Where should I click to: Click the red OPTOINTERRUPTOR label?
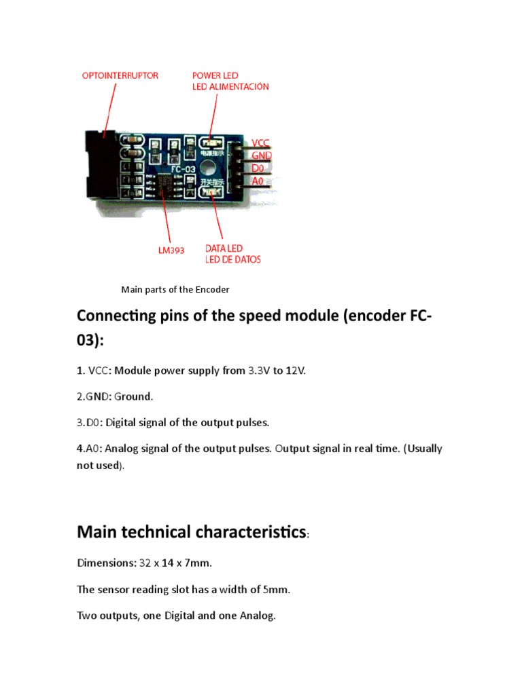(120, 75)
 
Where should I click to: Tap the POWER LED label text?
(215, 75)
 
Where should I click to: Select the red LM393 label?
(171, 250)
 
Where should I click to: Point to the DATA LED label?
(224, 248)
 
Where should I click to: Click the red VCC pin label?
(260, 143)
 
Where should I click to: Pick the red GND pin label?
(262, 155)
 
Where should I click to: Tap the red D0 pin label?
(258, 168)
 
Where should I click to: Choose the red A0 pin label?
(258, 181)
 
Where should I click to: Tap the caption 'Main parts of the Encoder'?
(175, 290)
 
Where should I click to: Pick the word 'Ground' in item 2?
(132, 396)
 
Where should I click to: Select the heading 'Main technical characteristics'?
(192, 532)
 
